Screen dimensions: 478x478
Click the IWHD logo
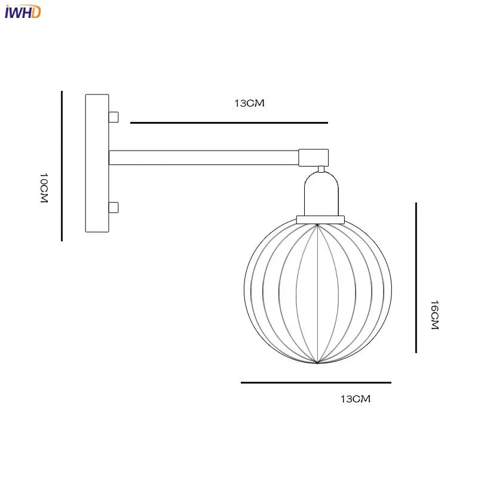point(22,11)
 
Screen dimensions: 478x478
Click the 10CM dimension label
point(44,189)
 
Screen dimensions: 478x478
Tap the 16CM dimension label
point(434,315)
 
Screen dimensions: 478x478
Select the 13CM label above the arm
point(249,103)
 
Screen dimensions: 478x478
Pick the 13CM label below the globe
point(356,399)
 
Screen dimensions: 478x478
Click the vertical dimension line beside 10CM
point(62,166)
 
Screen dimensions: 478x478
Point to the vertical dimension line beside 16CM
point(416,278)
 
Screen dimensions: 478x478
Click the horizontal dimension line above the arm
point(229,122)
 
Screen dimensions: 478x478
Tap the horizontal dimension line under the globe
point(315,382)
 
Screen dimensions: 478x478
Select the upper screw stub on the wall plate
point(113,116)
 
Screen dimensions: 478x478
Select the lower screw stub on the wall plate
point(113,208)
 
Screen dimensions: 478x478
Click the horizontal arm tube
point(203,157)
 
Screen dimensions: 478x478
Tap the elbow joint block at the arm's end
point(314,157)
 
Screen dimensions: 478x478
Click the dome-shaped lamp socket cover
point(321,194)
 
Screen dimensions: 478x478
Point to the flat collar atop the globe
point(321,219)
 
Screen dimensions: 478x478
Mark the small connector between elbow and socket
point(321,168)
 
